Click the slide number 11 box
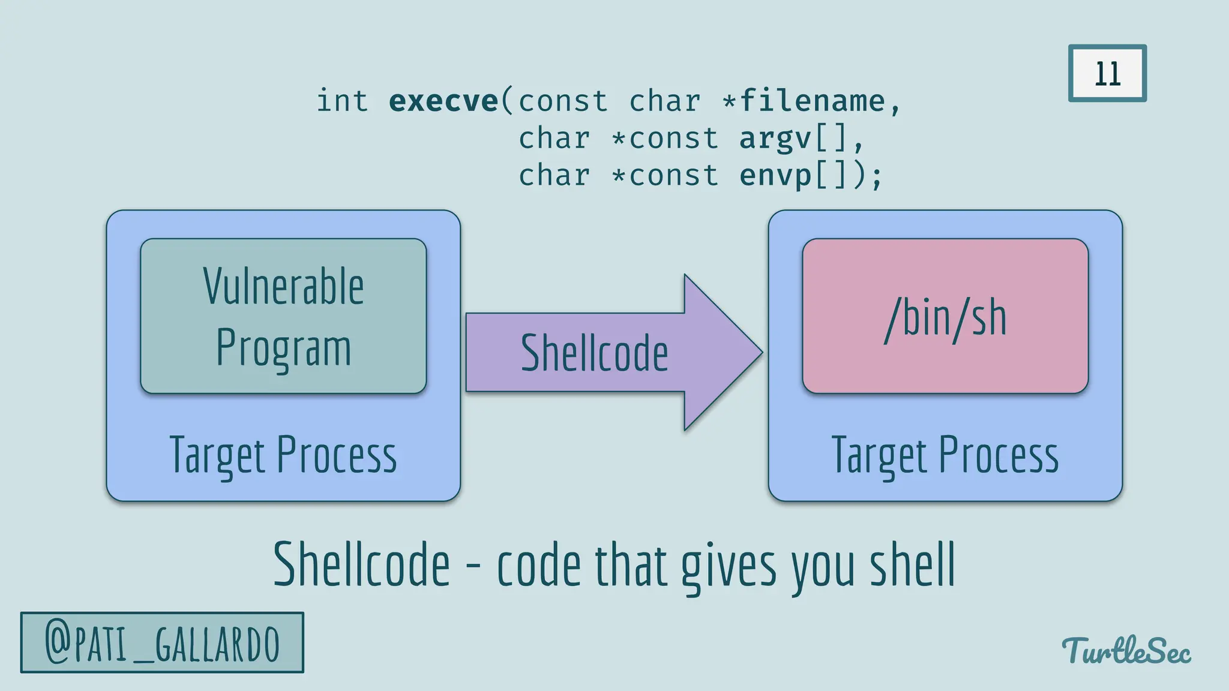click(x=1107, y=73)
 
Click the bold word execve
click(x=443, y=101)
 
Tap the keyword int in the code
click(x=342, y=101)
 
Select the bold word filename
click(x=813, y=101)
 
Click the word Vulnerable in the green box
click(x=283, y=287)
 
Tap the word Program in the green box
click(x=283, y=348)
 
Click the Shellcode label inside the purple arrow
click(x=594, y=353)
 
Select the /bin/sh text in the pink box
click(x=945, y=319)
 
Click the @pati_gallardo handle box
click(x=162, y=643)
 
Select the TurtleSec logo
click(x=1126, y=651)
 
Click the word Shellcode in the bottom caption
click(x=361, y=564)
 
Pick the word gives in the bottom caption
click(x=729, y=567)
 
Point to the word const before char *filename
click(x=563, y=101)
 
